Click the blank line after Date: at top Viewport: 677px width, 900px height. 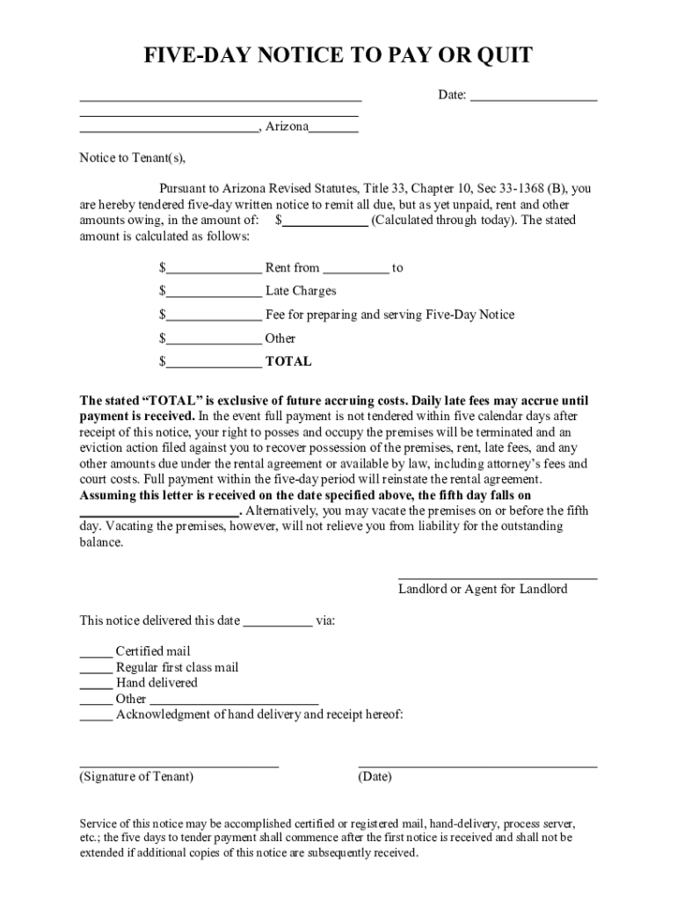pyautogui.click(x=534, y=97)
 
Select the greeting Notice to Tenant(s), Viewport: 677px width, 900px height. pyautogui.click(x=133, y=158)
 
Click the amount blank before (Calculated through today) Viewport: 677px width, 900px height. pyautogui.click(x=324, y=221)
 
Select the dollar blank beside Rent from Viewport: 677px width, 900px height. pyautogui.click(x=214, y=269)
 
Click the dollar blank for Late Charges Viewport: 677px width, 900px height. pyautogui.click(x=214, y=292)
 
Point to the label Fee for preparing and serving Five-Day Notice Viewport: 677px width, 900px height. pyautogui.click(x=389, y=315)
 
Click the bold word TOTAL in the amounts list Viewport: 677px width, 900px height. pyautogui.click(x=288, y=361)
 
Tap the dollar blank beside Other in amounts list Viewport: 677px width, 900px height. pyautogui.click(x=214, y=339)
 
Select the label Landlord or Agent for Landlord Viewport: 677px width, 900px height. pyautogui.click(x=483, y=589)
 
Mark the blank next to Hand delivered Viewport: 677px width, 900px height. pyautogui.click(x=96, y=684)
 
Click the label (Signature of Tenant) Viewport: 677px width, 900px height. pyautogui.click(x=136, y=777)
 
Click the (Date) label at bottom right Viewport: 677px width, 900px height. pyautogui.click(x=375, y=777)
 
